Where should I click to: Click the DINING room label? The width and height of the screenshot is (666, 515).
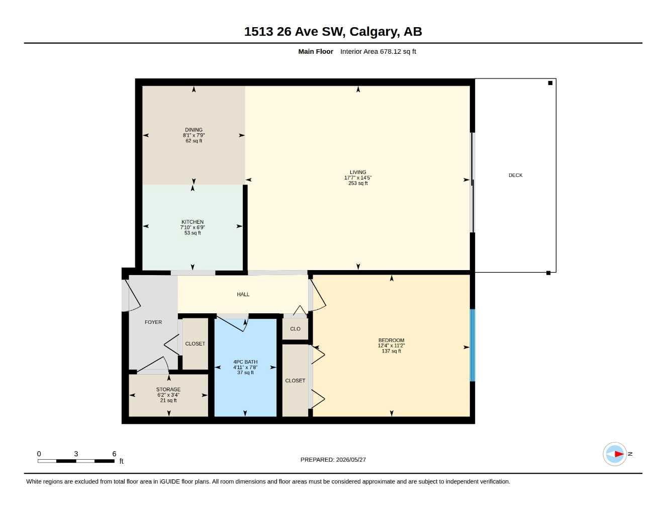coord(194,130)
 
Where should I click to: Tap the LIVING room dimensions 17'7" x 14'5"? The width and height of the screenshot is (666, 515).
coord(358,178)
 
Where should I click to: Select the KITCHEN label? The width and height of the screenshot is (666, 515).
coord(193,222)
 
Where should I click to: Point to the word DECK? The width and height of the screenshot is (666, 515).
coord(516,175)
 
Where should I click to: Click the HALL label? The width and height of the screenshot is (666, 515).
coord(243,294)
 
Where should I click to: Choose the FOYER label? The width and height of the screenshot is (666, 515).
coord(153,322)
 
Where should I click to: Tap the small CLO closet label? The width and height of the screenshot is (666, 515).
coord(295,328)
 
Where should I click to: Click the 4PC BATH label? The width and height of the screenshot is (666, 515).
coord(245,362)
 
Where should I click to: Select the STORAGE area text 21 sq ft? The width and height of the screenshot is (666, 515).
coord(168,400)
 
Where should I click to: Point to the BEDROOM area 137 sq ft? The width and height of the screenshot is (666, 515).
coord(392,351)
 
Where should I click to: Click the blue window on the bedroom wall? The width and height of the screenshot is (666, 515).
coord(472,345)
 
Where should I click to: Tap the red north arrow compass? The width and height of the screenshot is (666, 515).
coord(615,454)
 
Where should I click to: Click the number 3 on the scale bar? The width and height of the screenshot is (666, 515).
coord(76,454)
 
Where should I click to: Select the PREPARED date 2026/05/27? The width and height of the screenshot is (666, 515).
coord(351,460)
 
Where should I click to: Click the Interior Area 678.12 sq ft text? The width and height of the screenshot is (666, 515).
coord(378,51)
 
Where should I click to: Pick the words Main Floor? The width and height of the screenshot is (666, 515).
coord(316,51)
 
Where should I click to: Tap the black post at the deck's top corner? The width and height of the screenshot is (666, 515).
coord(550,83)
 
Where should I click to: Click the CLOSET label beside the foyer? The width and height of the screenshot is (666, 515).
coord(195,344)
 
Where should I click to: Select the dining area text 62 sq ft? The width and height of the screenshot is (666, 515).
coord(194,141)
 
